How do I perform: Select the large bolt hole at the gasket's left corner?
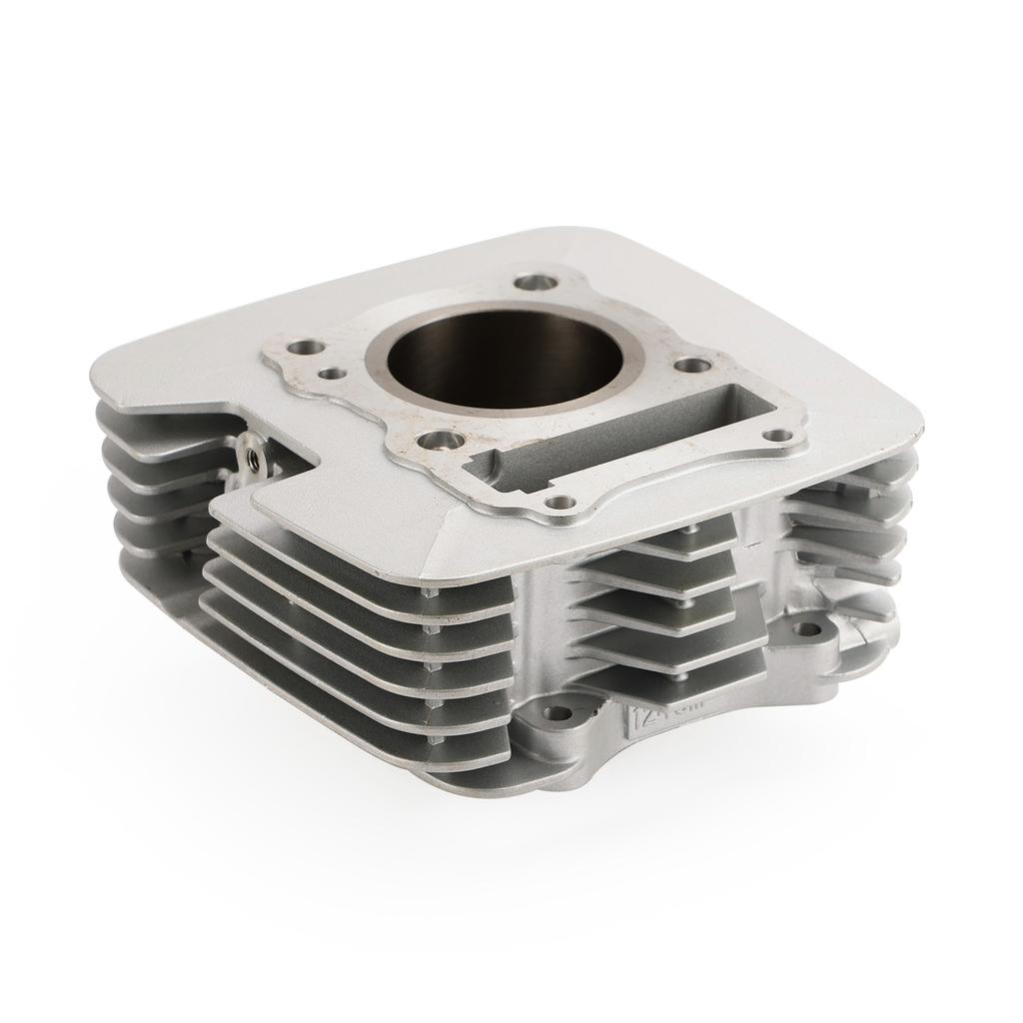pos(305,348)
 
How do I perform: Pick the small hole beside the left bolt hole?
pos(333,374)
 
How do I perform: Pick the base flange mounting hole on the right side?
pos(807,629)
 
